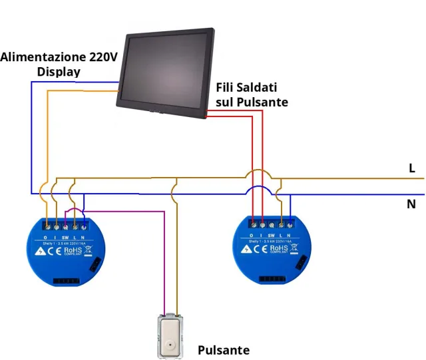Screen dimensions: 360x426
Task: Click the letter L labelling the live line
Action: (413, 169)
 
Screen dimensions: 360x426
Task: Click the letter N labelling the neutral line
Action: (411, 204)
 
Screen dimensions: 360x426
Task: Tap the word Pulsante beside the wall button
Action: (224, 350)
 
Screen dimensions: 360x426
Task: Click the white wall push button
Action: (171, 336)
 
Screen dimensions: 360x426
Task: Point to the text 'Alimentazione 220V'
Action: (59, 57)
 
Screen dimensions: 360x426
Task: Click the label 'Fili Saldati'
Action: (246, 88)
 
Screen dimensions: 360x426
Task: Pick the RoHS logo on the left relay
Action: (71, 251)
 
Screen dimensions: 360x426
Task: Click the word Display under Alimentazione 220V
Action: (59, 72)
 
